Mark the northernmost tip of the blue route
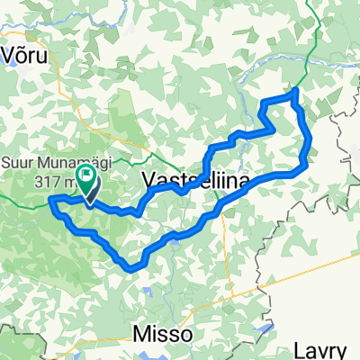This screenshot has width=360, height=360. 294,92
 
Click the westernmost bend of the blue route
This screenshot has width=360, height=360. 51,198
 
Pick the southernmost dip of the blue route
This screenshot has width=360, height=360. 133,267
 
